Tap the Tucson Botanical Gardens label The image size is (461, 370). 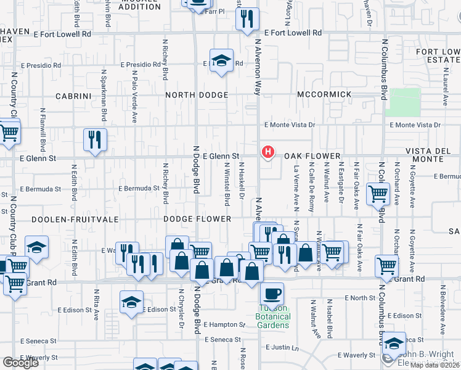(x=272, y=316)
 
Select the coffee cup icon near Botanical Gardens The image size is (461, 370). (x=272, y=293)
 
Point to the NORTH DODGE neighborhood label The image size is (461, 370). (x=197, y=95)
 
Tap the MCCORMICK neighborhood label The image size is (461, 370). (x=324, y=95)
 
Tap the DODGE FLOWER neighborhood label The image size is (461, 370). (x=197, y=219)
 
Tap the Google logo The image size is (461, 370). (x=20, y=363)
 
